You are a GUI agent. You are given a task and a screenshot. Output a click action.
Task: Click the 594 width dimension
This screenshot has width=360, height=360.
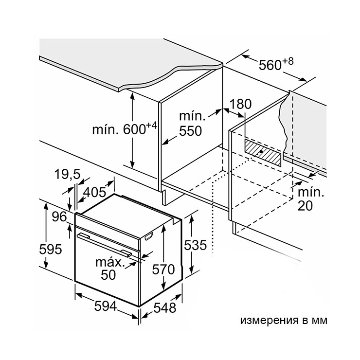(106, 306)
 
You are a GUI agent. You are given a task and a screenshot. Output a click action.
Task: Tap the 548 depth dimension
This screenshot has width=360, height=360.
(165, 307)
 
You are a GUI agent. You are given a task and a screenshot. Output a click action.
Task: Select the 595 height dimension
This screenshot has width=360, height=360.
(51, 249)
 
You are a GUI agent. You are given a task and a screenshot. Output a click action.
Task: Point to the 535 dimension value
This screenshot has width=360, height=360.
(196, 245)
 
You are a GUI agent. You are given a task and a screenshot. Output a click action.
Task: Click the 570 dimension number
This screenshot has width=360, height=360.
(163, 270)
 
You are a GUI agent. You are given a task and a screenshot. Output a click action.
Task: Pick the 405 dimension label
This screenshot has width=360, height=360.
(94, 192)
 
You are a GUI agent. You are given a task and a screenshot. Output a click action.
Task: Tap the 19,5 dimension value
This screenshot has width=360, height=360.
(67, 174)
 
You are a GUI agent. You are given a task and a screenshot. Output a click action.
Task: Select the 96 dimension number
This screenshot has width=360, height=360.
(59, 216)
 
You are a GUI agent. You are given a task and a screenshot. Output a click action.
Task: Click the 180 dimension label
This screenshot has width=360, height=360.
(240, 104)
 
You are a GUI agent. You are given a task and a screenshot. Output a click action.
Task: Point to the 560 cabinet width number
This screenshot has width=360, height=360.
(270, 65)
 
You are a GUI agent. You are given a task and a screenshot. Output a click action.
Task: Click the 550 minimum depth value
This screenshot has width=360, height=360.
(190, 131)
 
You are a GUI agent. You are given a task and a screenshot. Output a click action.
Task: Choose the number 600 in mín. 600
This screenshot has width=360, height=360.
(135, 129)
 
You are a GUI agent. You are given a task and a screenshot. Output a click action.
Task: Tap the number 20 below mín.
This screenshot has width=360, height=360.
(305, 206)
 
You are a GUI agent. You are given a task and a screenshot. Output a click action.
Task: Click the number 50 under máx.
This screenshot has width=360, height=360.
(108, 275)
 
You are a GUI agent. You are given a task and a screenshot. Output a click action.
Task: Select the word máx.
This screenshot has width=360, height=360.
(110, 262)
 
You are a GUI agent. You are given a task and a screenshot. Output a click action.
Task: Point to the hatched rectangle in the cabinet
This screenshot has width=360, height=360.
(263, 152)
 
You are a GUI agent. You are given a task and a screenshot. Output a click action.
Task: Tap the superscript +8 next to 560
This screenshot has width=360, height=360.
(288, 62)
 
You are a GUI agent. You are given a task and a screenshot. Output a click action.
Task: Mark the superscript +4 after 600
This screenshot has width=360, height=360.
(151, 126)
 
